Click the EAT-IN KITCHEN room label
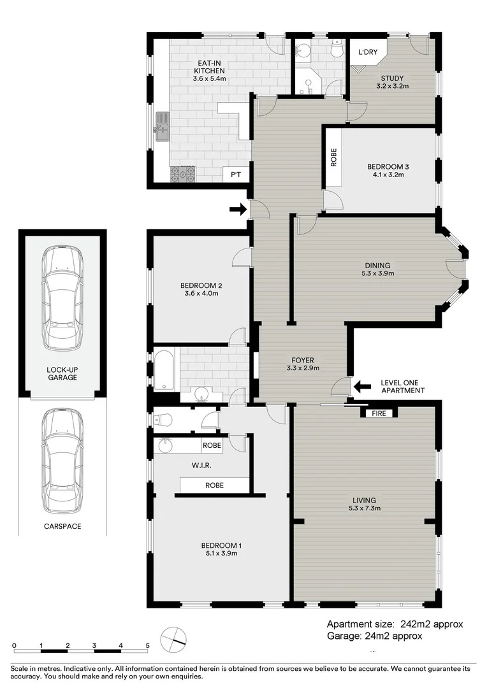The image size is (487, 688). [210, 66]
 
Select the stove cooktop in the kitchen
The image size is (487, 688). [182, 174]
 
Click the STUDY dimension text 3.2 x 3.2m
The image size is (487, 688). [392, 86]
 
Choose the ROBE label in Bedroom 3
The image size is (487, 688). [333, 157]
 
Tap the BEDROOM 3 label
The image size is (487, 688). [388, 167]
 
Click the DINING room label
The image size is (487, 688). [377, 266]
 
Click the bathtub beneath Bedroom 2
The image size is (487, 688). [164, 369]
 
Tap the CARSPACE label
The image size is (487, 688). [62, 526]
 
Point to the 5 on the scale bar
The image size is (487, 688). [147, 645]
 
